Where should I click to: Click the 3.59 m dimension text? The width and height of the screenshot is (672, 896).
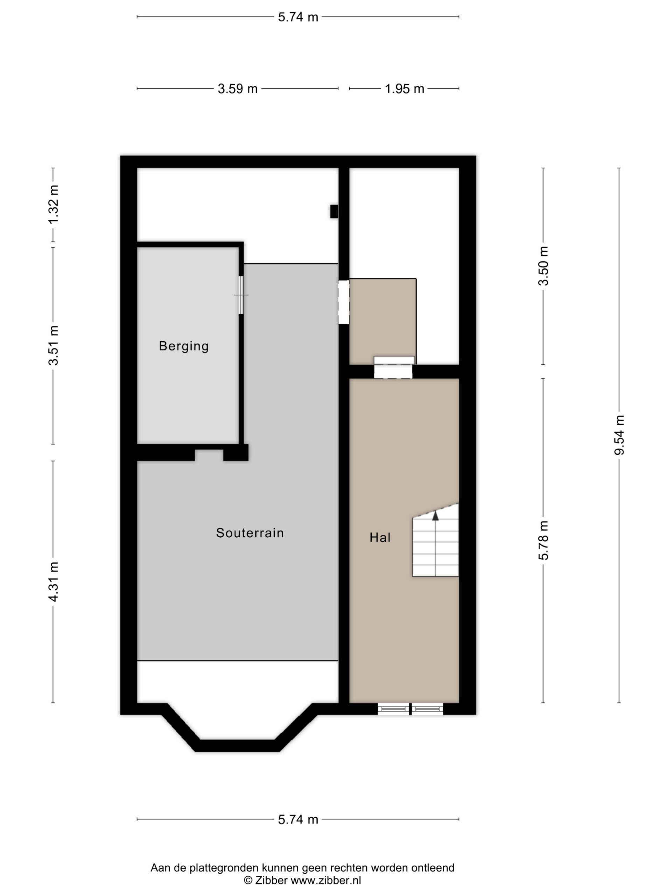pos(237,89)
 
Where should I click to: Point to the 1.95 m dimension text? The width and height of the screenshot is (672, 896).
pos(404,89)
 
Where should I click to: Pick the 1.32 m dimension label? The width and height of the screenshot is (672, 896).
pos(54,204)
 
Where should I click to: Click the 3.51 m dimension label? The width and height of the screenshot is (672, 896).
pos(54,345)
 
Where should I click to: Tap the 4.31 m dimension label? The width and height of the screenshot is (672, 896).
pos(54,582)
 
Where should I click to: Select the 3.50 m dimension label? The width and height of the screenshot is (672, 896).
pos(543,266)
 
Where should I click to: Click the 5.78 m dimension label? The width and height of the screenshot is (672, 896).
pos(543,540)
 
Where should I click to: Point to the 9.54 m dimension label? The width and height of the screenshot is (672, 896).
pos(619,435)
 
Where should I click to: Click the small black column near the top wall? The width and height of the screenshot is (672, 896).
pos(334,211)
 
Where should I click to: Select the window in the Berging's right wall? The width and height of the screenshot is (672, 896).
pos(241,295)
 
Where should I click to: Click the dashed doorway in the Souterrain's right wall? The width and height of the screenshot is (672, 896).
pos(343,302)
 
